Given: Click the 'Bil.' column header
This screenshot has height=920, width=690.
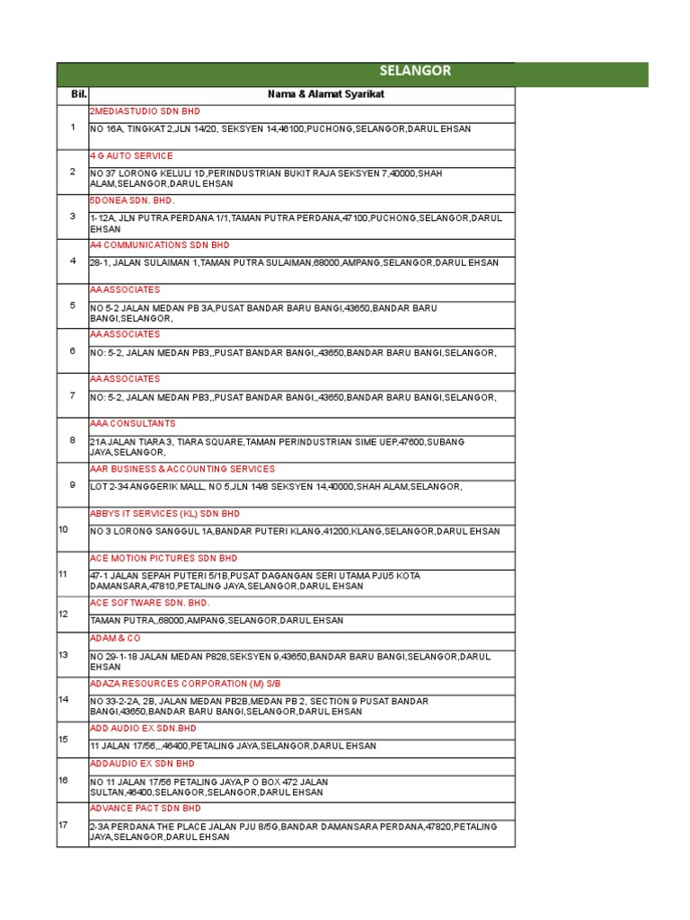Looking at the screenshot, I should coord(73,94).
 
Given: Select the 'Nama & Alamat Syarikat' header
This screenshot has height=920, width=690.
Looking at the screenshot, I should coord(301,94).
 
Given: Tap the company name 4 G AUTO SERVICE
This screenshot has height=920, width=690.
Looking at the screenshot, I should coord(131,155).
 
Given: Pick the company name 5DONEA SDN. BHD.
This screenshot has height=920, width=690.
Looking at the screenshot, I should coord(132,200).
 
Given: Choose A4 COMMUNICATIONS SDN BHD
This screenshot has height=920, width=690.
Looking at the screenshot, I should coord(160,244).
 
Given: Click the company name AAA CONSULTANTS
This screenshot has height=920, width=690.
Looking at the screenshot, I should coord(133,423).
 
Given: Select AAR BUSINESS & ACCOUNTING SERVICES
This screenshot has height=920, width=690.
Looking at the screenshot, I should coord(182,469).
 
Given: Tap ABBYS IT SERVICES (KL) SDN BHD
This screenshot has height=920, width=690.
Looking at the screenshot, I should coord(165,514).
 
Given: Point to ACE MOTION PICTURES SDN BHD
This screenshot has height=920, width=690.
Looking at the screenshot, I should coord(164,558).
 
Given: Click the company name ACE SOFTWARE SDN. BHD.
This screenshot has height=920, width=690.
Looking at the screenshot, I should coord(149,602).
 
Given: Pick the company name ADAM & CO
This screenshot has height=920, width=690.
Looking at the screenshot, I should coord(116,638).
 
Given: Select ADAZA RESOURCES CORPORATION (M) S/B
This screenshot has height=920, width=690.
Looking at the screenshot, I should coord(186,684).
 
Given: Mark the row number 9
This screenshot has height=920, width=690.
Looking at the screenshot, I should coord(73,485).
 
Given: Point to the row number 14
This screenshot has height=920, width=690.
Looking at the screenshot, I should coord(63,699).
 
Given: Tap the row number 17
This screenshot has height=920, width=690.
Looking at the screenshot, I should coord(63,824).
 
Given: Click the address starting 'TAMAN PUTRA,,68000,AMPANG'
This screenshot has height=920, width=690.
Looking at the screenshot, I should coord(217,621).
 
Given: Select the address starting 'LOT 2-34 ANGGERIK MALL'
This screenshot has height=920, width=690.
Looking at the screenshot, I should coord(276,487).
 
